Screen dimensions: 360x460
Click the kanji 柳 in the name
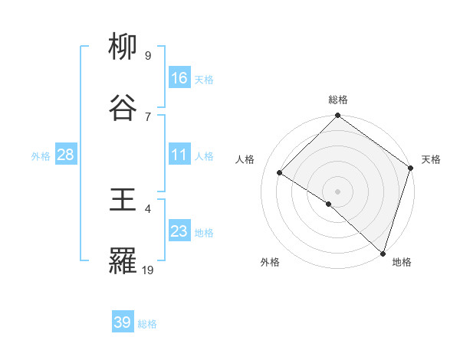click(124, 48)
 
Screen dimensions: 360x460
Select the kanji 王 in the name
click(124, 201)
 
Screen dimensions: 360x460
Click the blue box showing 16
click(179, 78)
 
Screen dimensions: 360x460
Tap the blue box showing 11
click(179, 155)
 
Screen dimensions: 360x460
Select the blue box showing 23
click(179, 231)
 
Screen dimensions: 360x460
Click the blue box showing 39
click(123, 322)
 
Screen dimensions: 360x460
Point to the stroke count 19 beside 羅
click(148, 270)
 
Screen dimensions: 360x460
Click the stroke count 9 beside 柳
click(148, 55)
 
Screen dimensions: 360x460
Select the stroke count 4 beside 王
click(148, 208)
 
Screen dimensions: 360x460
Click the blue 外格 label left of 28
click(41, 156)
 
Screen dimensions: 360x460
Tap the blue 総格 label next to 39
click(147, 324)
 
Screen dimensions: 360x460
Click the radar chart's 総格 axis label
click(338, 100)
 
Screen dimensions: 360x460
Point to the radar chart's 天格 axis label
click(431, 159)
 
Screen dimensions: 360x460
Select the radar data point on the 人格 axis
click(280, 173)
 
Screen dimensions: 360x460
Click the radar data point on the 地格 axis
click(383, 253)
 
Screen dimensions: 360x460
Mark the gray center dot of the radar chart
click(338, 191)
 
